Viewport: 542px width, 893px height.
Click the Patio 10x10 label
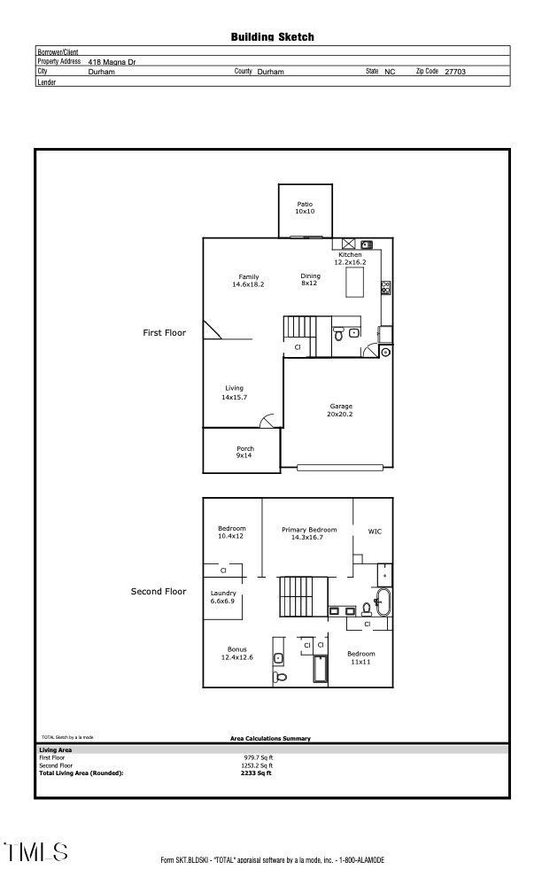click(305, 208)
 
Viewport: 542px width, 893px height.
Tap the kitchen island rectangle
click(354, 283)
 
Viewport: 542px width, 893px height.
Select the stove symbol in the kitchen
click(385, 287)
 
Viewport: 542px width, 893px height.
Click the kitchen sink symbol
click(367, 245)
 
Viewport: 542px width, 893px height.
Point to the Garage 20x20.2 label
click(341, 410)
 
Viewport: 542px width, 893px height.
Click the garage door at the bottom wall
click(342, 467)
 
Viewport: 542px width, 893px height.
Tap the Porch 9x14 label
click(244, 452)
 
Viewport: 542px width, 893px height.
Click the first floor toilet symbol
click(338, 334)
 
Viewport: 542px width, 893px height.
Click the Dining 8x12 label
click(310, 280)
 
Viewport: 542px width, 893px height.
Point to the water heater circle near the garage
click(386, 352)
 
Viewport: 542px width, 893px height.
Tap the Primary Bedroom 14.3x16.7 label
click(308, 533)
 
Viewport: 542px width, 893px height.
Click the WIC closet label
click(375, 532)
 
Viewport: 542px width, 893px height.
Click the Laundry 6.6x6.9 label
click(223, 597)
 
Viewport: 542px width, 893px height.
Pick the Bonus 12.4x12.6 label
click(237, 654)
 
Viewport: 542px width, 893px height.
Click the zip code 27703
click(455, 71)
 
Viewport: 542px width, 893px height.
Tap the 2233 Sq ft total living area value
click(256, 773)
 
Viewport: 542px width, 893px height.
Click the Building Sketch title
click(273, 37)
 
